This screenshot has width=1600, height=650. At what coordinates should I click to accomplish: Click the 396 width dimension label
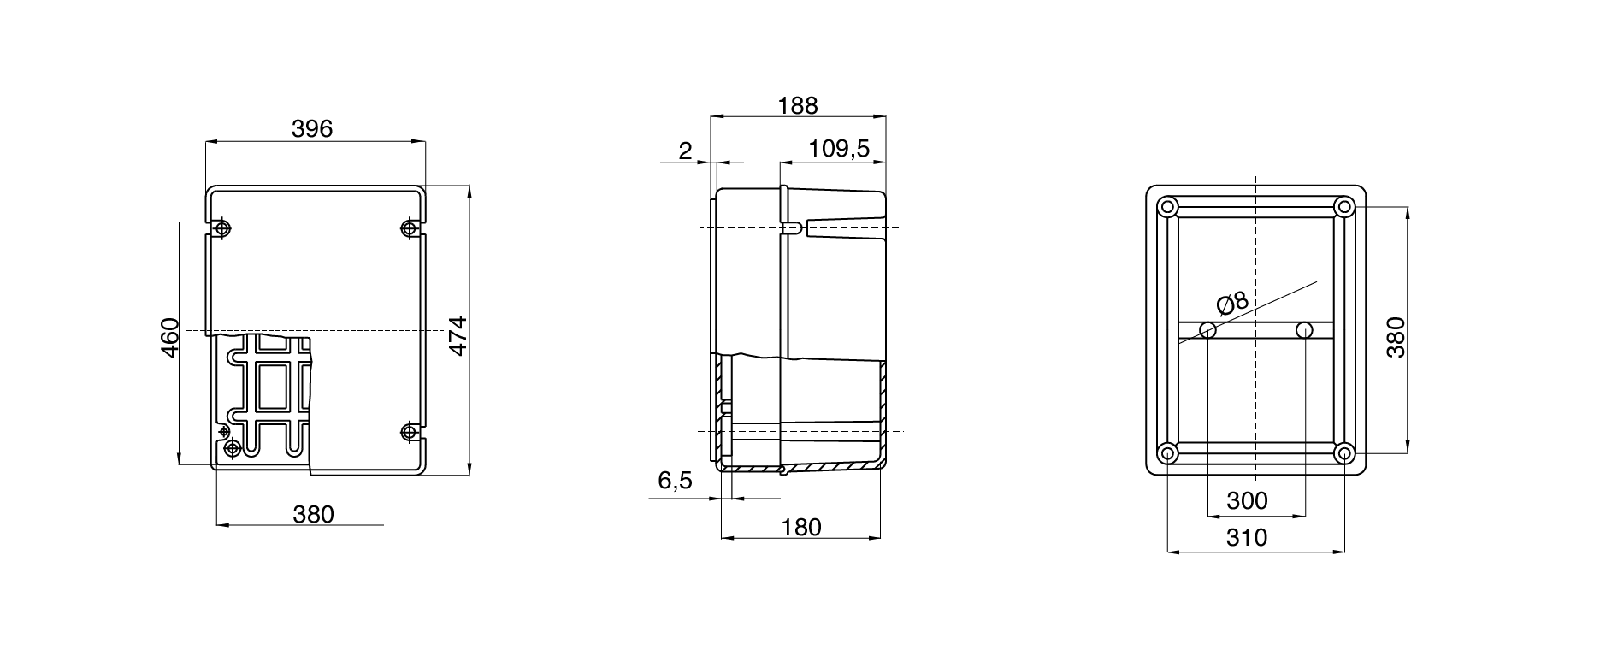pyautogui.click(x=312, y=129)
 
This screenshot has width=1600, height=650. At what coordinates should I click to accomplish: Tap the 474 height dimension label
pyautogui.click(x=458, y=336)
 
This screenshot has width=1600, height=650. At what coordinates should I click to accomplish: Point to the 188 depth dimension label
pyautogui.click(x=797, y=105)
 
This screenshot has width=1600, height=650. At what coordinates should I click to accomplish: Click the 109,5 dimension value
pyautogui.click(x=839, y=149)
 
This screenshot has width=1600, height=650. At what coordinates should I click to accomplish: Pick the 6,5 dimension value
pyautogui.click(x=675, y=482)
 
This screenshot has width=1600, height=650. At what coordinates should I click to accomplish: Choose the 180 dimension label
pyautogui.click(x=800, y=527)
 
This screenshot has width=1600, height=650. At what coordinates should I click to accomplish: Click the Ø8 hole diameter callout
pyautogui.click(x=1232, y=303)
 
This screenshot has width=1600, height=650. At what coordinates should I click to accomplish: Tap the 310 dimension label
pyautogui.click(x=1247, y=538)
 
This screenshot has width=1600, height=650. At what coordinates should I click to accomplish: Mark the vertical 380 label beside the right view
pyautogui.click(x=1396, y=337)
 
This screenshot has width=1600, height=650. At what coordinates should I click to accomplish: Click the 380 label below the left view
pyautogui.click(x=313, y=514)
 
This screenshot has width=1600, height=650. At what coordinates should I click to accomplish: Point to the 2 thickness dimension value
pyautogui.click(x=685, y=151)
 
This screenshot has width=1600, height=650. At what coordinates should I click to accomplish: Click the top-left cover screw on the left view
pyautogui.click(x=222, y=228)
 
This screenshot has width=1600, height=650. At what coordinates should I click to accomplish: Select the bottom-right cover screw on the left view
pyautogui.click(x=409, y=431)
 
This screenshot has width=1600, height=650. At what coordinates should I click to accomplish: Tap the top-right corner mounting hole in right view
pyautogui.click(x=1343, y=207)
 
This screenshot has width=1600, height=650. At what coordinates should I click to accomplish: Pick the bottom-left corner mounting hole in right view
pyautogui.click(x=1167, y=452)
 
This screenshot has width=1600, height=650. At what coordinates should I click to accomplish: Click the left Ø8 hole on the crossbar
pyautogui.click(x=1207, y=330)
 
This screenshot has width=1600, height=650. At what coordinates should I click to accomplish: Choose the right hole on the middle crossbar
pyautogui.click(x=1304, y=330)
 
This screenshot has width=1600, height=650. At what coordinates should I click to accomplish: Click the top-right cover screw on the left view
pyautogui.click(x=409, y=228)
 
